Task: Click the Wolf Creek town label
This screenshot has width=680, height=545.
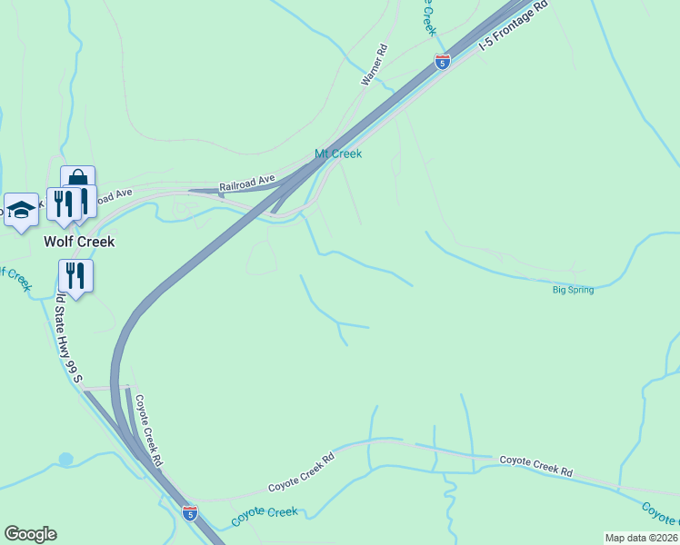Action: [x=80, y=243]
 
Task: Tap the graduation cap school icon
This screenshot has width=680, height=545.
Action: [x=21, y=211]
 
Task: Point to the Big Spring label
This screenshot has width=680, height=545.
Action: [x=573, y=290]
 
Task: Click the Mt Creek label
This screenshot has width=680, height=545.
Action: [x=338, y=154]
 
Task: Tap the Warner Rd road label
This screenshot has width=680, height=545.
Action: [x=374, y=65]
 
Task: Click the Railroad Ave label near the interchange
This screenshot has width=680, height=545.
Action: [x=247, y=184]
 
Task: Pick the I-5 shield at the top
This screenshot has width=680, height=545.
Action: [x=442, y=62]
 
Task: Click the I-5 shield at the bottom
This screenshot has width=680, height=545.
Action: [x=189, y=512]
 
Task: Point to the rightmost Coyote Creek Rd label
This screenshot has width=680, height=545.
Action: [x=536, y=467]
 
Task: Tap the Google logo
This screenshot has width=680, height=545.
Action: [x=30, y=534]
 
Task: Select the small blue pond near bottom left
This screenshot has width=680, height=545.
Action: [x=65, y=460]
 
